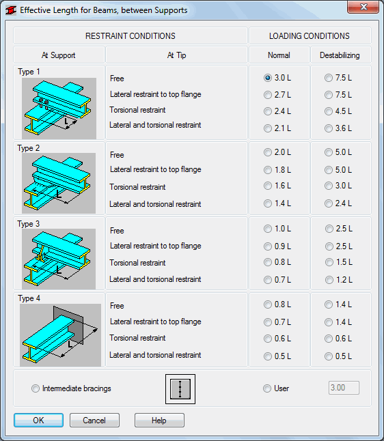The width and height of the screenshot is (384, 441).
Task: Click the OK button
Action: [38, 421]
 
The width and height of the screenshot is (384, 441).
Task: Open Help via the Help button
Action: [159, 421]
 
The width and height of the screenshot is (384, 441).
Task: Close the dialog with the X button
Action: [363, 7]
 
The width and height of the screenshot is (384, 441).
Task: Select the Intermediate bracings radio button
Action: [36, 388]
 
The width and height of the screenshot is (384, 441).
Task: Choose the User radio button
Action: [267, 388]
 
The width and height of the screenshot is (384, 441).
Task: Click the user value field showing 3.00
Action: [344, 388]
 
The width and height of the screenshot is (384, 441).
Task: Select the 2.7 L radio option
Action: [268, 95]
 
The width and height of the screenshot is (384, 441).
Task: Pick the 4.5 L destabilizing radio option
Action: [329, 111]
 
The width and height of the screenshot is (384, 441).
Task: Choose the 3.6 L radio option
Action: [329, 128]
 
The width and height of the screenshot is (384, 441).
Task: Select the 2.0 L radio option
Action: [268, 152]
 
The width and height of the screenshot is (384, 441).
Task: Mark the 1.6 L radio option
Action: [268, 186]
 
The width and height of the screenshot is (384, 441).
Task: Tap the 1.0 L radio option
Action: [268, 229]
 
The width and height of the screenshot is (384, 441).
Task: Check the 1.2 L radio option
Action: [329, 280]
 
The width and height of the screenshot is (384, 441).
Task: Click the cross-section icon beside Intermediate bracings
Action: [180, 389]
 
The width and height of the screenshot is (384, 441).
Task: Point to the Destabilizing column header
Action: [340, 55]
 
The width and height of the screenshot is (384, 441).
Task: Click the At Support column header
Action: [59, 55]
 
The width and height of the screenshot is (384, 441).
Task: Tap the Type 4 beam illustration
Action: [60, 335]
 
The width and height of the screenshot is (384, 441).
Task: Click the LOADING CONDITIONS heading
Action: [310, 36]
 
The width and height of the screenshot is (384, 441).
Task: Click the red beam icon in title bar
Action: [11, 10]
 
